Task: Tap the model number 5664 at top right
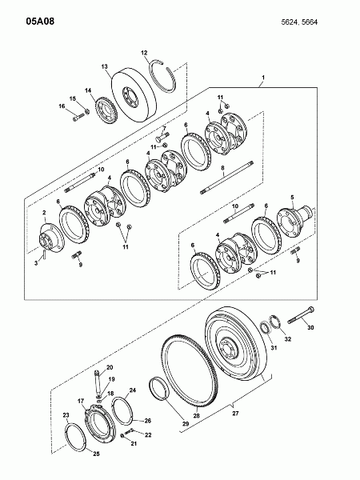[310, 22]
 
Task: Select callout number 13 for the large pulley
[104, 66]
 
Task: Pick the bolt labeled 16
[79, 117]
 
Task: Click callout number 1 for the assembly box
[262, 78]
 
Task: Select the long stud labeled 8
[227, 178]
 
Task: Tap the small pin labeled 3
[45, 254]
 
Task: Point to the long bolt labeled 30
[301, 315]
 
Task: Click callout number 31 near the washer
[274, 347]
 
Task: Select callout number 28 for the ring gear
[196, 416]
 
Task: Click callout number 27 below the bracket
[235, 414]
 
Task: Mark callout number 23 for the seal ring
[66, 415]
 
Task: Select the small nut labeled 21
[122, 435]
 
